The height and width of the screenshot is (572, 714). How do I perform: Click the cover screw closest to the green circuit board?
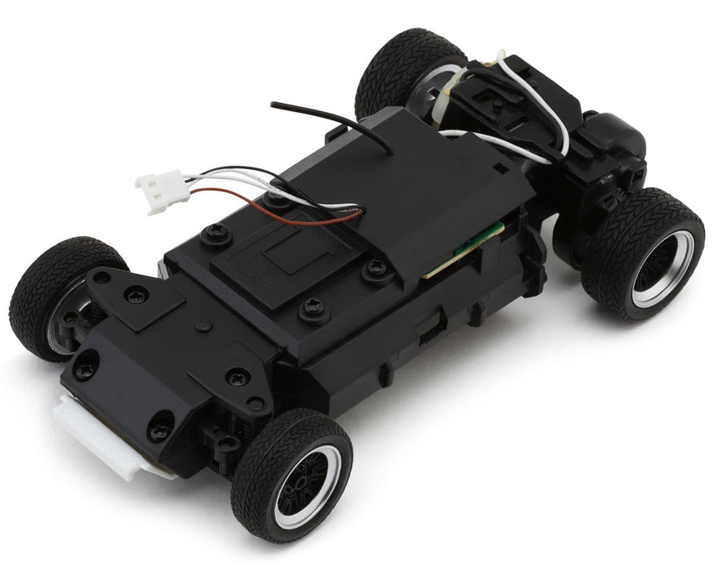376,266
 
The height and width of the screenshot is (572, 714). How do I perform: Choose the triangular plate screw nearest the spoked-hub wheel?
237,377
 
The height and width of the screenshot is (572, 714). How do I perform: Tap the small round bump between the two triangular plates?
205,326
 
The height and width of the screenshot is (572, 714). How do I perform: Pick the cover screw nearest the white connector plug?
217,234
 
